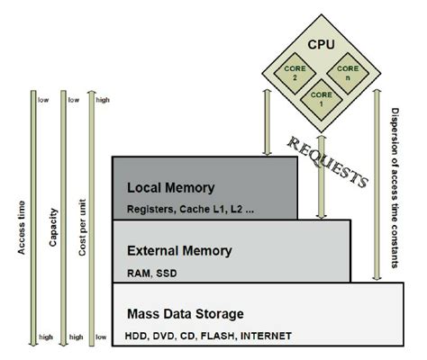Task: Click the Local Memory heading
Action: [x=170, y=188]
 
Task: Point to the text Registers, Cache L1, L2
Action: [x=179, y=209]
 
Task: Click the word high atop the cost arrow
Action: [x=103, y=100]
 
